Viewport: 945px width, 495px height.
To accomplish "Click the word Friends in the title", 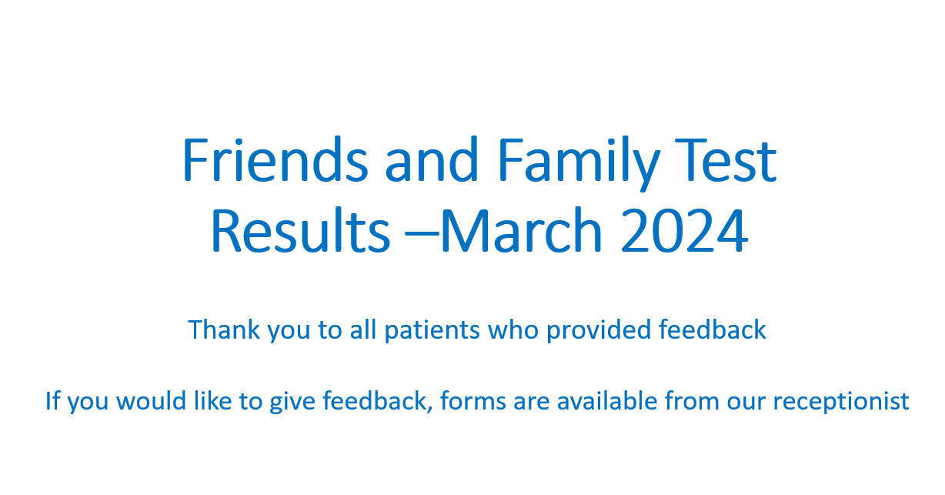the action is tap(275, 160).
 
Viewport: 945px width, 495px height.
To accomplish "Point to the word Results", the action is tap(300, 230).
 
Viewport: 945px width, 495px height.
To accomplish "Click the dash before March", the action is tap(422, 234).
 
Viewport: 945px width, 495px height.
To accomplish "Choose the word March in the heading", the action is tap(521, 230).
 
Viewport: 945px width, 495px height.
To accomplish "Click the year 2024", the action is tap(684, 230).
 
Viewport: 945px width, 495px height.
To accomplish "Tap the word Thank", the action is tap(224, 329).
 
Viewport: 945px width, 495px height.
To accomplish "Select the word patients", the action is tap(432, 331).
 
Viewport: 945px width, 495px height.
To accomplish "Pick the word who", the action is tap(513, 329).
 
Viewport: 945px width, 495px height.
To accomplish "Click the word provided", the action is tap(599, 331).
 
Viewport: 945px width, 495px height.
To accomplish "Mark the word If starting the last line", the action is tap(53, 400).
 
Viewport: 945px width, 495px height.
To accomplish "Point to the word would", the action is tap(151, 400).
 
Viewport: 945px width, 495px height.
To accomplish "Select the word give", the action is tap(292, 402).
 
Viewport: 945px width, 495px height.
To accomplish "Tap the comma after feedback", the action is tap(429, 410).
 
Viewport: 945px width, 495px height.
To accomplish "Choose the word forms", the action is tap(473, 400).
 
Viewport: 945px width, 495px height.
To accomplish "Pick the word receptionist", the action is tap(841, 402).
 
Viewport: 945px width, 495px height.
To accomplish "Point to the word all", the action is tap(362, 329).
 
